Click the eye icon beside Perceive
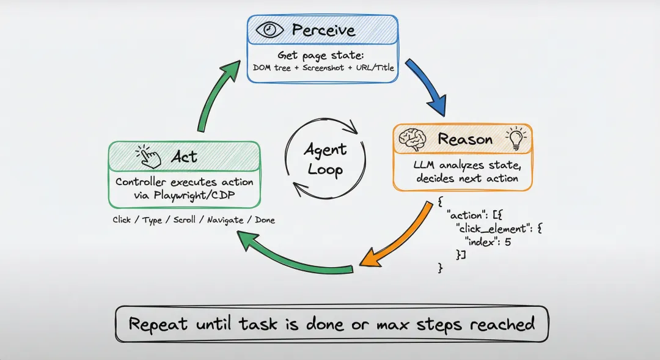(270, 30)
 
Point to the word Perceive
(324, 30)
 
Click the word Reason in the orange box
(464, 139)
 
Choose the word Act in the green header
(184, 157)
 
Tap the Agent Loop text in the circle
(325, 159)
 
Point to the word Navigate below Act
(226, 220)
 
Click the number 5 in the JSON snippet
(507, 242)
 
